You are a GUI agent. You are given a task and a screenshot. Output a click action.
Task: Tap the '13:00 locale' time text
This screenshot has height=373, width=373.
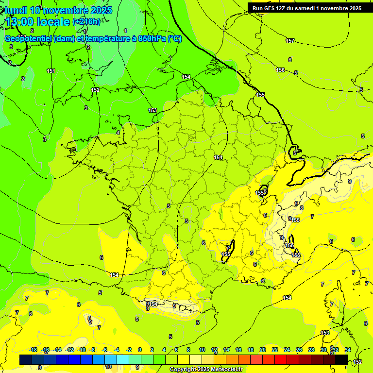click(37, 22)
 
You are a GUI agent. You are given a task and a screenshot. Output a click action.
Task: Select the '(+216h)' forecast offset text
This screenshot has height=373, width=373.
click(86, 22)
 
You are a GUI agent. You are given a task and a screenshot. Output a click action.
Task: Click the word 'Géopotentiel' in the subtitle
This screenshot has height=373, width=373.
click(29, 39)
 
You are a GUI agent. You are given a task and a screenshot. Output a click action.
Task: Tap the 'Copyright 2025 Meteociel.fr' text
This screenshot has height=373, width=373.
click(206, 370)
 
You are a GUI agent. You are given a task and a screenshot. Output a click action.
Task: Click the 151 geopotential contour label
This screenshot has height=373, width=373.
click(51, 71)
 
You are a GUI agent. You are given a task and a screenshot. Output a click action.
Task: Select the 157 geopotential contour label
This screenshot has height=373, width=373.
click(290, 41)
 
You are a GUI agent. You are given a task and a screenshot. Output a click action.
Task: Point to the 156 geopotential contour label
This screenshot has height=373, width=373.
click(280, 70)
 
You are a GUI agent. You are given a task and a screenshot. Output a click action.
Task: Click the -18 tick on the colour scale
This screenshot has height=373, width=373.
click(33, 350)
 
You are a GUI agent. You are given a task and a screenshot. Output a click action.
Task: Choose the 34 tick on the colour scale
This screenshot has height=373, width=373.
click(348, 350)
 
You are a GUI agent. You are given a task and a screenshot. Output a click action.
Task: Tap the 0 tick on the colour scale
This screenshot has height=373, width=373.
click(140, 350)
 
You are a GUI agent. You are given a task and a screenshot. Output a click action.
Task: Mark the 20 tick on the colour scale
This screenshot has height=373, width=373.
click(262, 350)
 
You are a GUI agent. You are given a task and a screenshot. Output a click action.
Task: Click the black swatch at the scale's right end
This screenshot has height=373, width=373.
click(341, 359)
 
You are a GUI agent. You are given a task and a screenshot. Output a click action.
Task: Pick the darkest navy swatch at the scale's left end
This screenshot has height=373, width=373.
click(26, 359)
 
